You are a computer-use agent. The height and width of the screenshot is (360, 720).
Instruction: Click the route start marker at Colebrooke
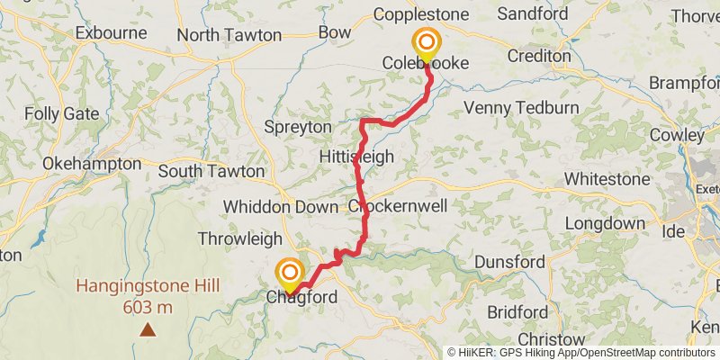426,43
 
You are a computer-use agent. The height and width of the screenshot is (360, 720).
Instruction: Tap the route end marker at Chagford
289,273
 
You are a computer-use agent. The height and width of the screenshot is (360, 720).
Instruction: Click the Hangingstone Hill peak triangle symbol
148,330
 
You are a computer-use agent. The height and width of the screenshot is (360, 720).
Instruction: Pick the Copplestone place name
421,14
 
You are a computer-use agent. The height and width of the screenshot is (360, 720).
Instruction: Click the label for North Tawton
229,35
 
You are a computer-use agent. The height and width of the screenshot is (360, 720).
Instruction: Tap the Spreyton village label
298,127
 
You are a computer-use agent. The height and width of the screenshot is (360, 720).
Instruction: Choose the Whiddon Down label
280,206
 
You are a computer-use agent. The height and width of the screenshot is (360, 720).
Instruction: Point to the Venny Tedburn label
521,108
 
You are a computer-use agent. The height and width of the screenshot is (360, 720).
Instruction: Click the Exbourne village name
111,32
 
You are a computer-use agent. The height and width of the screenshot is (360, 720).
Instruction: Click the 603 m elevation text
148,307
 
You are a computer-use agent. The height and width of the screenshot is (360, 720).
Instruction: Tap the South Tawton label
211,171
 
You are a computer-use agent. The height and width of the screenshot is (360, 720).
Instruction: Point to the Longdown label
604,223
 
